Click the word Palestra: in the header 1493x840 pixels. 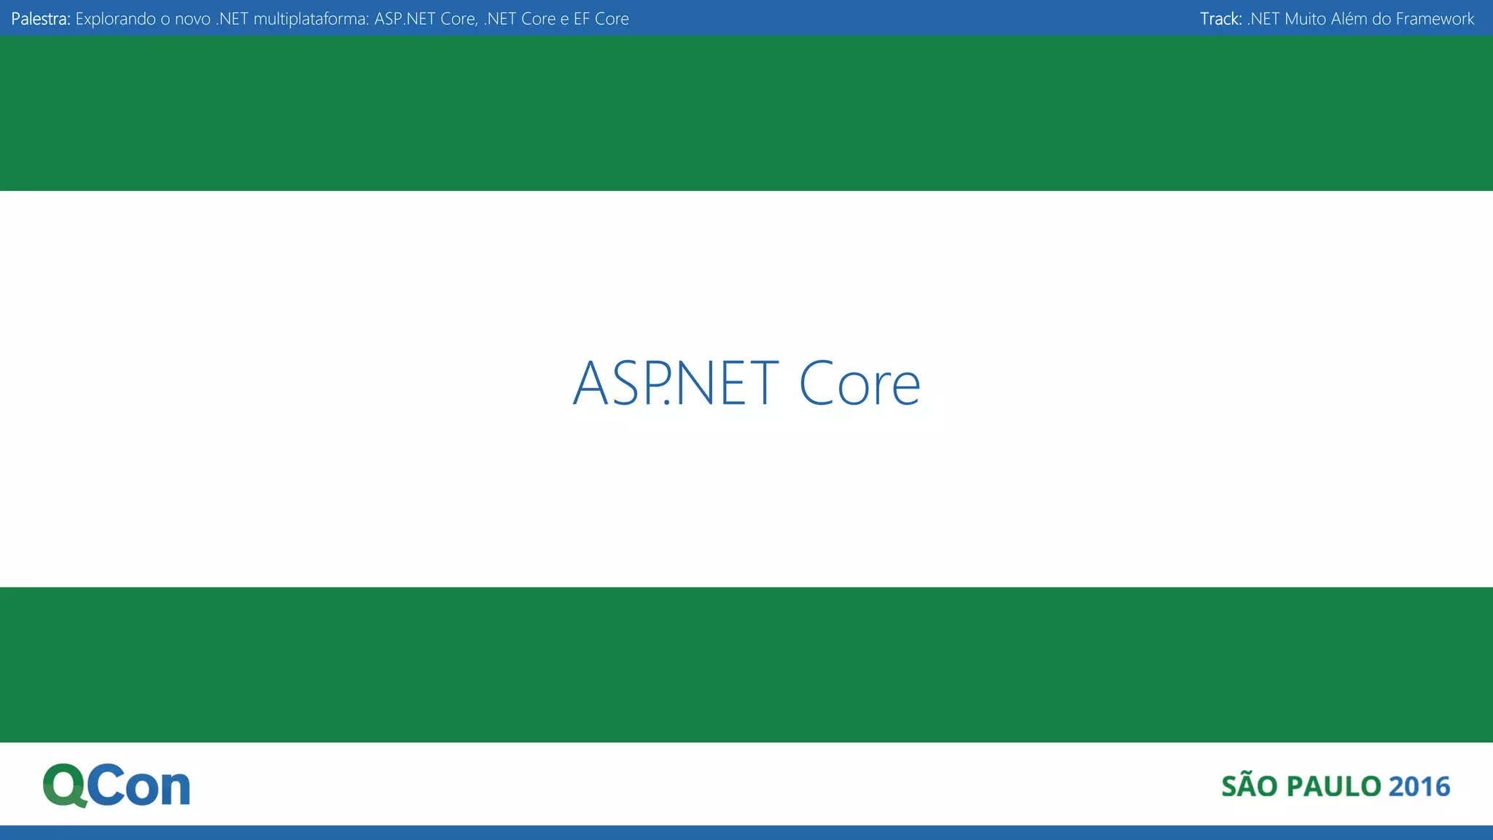(41, 19)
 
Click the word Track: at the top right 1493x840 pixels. (1220, 19)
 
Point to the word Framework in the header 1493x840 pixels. (1435, 19)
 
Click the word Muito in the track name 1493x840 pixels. (1305, 19)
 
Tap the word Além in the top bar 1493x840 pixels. (1349, 19)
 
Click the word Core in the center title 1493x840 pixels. (859, 383)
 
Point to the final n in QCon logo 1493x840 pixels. (176, 790)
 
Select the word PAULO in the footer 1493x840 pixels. (1333, 787)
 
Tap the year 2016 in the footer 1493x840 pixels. (1419, 787)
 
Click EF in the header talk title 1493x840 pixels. (581, 19)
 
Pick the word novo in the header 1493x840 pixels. (192, 19)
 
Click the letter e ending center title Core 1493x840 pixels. (906, 387)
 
